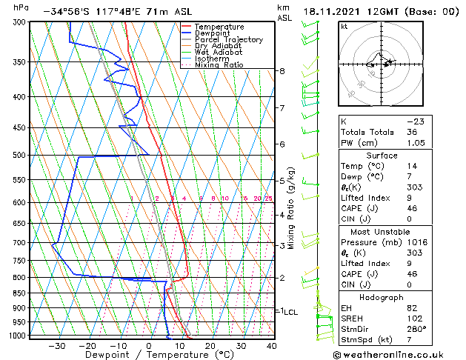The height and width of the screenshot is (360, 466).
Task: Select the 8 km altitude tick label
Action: tap(282, 71)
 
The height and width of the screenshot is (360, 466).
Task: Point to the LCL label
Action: tap(290, 313)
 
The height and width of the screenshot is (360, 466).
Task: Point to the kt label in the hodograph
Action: tap(344, 27)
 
